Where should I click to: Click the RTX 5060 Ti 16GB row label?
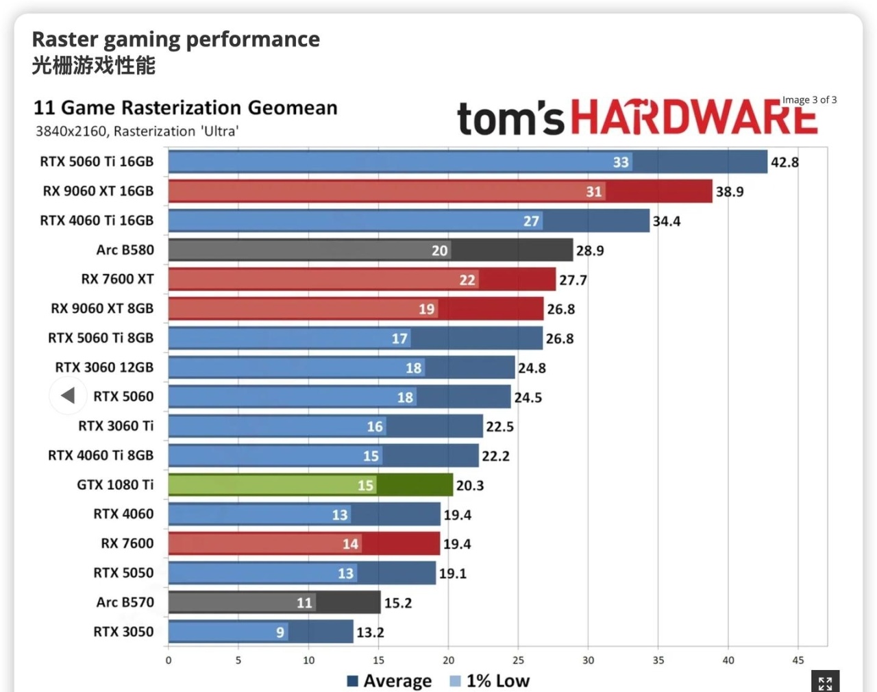(x=97, y=162)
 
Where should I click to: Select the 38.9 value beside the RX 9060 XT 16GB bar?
(x=730, y=192)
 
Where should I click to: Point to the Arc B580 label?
(x=125, y=250)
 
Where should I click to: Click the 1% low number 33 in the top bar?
(x=621, y=162)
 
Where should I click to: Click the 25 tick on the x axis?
(x=518, y=660)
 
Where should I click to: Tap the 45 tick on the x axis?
(x=798, y=660)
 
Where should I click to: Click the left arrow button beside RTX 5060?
(x=68, y=395)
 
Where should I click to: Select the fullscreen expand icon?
(x=825, y=682)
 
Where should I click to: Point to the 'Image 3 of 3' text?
(x=809, y=100)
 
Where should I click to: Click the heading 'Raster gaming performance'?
(x=176, y=39)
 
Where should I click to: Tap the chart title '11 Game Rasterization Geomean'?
(x=186, y=108)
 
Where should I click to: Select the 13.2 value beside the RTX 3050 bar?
(x=370, y=632)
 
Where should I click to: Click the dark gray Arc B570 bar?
(x=274, y=603)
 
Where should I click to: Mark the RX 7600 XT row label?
(x=117, y=279)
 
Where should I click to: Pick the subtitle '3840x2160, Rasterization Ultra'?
(x=137, y=131)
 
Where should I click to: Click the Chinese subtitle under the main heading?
(x=94, y=66)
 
